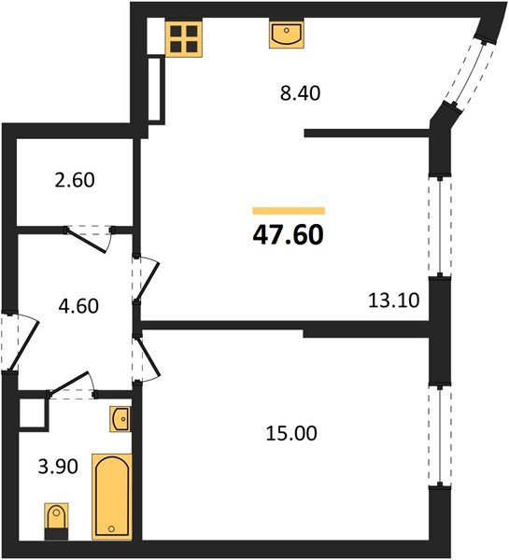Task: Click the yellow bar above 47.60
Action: click(289, 211)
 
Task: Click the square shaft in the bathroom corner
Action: click(32, 413)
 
